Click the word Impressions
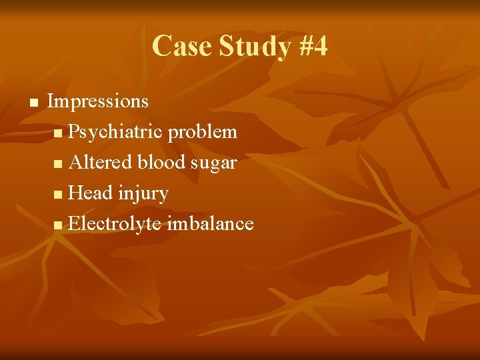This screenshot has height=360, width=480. (98, 101)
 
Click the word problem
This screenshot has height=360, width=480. (203, 132)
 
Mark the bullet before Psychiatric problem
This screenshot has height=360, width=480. (60, 133)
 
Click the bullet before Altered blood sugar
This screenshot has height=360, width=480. (60, 164)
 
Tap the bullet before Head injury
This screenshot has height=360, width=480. (60, 195)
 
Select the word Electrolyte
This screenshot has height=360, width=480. (115, 224)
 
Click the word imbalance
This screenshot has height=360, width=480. (210, 224)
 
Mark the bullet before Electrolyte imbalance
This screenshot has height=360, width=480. (60, 225)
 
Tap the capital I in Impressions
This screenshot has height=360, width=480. (51, 101)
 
